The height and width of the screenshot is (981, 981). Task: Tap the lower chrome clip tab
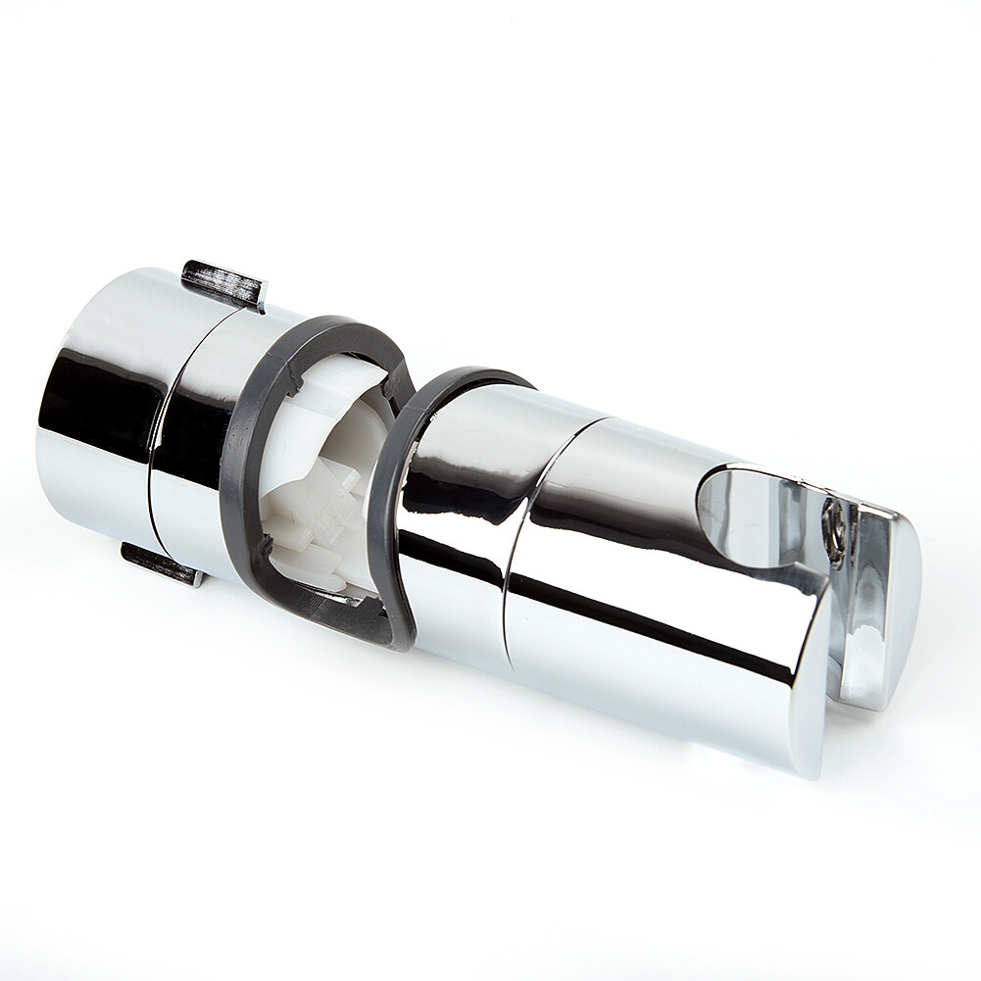[163, 563]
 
